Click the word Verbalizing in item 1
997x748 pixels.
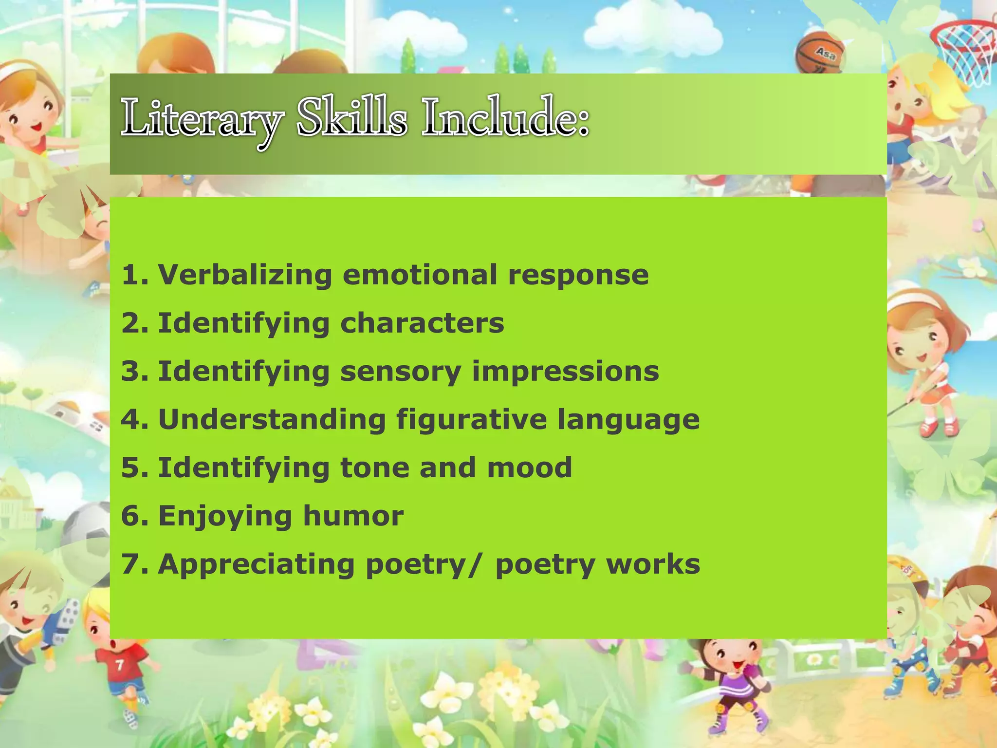(245, 275)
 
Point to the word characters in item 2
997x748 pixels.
(422, 323)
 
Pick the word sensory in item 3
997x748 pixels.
(401, 372)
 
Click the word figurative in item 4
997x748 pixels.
(471, 420)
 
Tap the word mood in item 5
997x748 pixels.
(530, 467)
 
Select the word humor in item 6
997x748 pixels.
(353, 516)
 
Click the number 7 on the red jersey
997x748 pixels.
(119, 665)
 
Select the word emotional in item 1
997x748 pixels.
(420, 275)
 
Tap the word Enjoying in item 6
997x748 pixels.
(225, 516)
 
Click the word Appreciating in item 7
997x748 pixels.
(257, 565)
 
